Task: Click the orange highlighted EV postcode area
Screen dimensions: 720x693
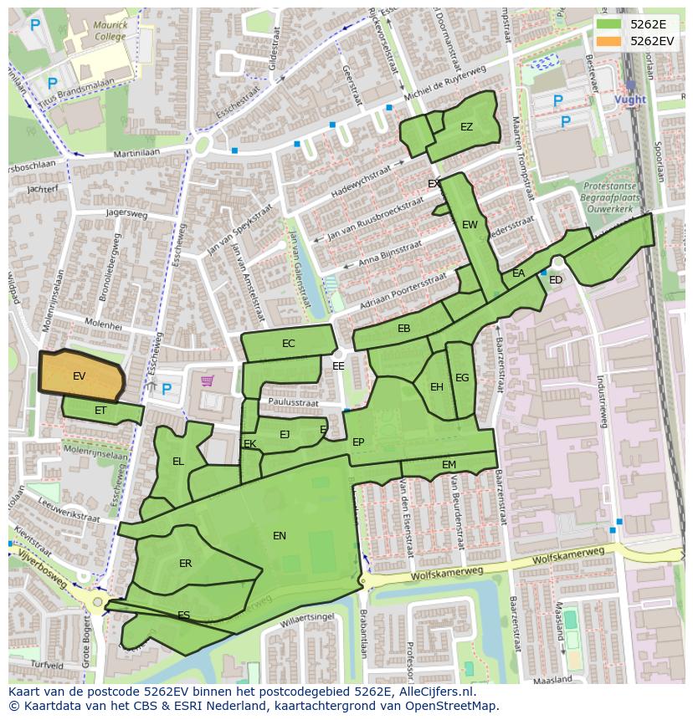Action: (81, 375)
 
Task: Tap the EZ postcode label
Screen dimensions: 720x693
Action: (466, 127)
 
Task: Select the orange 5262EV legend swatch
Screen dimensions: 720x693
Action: (608, 41)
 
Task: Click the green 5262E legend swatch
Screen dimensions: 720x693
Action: (608, 25)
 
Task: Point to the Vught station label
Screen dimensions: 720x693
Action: (630, 100)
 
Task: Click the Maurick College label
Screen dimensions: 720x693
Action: (110, 31)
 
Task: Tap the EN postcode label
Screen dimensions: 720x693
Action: (280, 536)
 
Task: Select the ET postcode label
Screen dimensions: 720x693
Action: (100, 411)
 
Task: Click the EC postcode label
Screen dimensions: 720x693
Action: (289, 344)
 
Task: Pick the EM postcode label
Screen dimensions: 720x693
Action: (449, 465)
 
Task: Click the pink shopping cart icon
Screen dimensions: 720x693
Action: (207, 381)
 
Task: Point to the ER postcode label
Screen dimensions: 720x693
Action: (185, 564)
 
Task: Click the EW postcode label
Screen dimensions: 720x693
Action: (470, 225)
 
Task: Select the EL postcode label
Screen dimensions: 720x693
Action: (178, 462)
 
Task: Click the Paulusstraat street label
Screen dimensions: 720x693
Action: (294, 402)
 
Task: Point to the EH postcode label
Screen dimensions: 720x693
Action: (437, 387)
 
